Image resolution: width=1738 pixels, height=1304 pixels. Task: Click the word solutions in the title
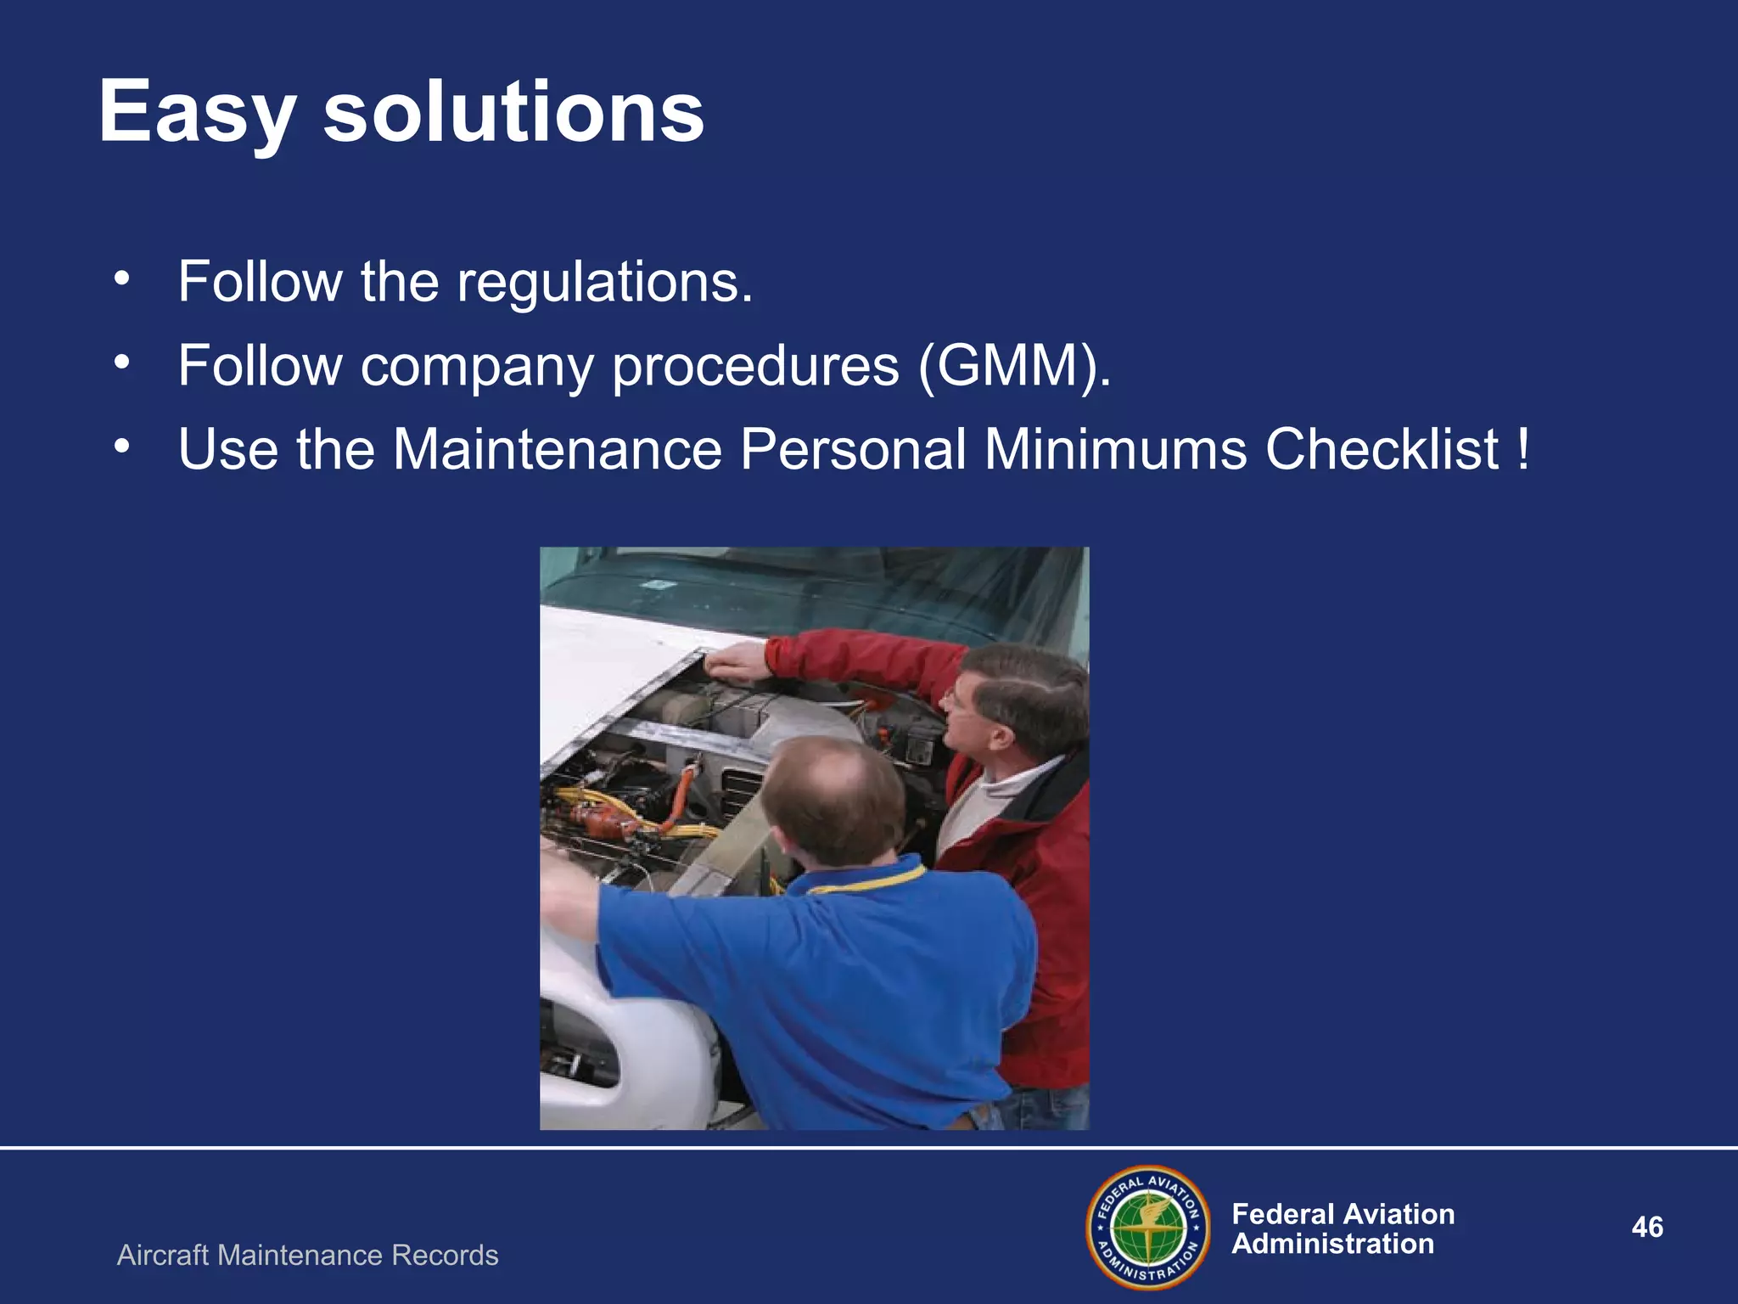[x=513, y=112]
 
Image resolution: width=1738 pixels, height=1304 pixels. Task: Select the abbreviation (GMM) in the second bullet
[x=1013, y=367]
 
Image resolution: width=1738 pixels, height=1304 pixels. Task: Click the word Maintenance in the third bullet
[x=557, y=448]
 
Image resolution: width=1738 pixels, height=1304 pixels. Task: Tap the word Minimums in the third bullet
[x=1115, y=448]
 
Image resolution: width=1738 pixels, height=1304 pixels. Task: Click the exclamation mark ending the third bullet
[x=1524, y=448]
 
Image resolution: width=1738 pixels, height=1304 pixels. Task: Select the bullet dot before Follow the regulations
[x=122, y=278]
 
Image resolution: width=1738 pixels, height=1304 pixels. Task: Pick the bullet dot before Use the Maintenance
[x=122, y=446]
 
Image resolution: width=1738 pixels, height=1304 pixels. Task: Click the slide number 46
[x=1647, y=1227]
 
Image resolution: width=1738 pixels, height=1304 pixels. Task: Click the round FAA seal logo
[x=1148, y=1228]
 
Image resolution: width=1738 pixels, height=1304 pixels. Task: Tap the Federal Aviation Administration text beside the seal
[x=1343, y=1228]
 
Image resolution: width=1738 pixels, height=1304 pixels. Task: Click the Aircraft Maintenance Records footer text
[x=307, y=1255]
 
